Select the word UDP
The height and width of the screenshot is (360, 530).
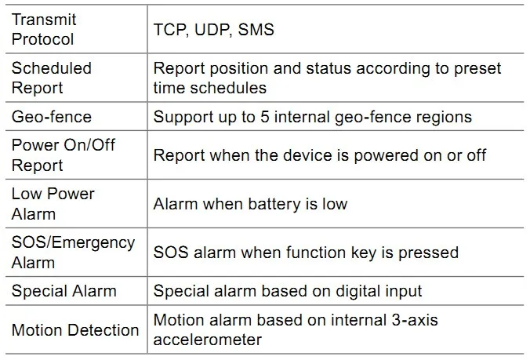point(215,29)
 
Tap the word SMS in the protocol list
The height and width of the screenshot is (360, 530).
point(257,29)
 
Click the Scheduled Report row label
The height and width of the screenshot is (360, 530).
point(51,78)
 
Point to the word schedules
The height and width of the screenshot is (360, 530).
point(234,87)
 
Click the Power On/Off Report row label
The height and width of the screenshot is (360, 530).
point(53,155)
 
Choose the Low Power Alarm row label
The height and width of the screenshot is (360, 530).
point(53,203)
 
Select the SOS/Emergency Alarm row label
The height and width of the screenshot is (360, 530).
point(73,252)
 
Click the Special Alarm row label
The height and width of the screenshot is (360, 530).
point(64,291)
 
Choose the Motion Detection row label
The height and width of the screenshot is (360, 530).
point(74,330)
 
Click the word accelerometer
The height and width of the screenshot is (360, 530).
point(207,340)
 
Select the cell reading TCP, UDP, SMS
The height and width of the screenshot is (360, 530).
point(212,29)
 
